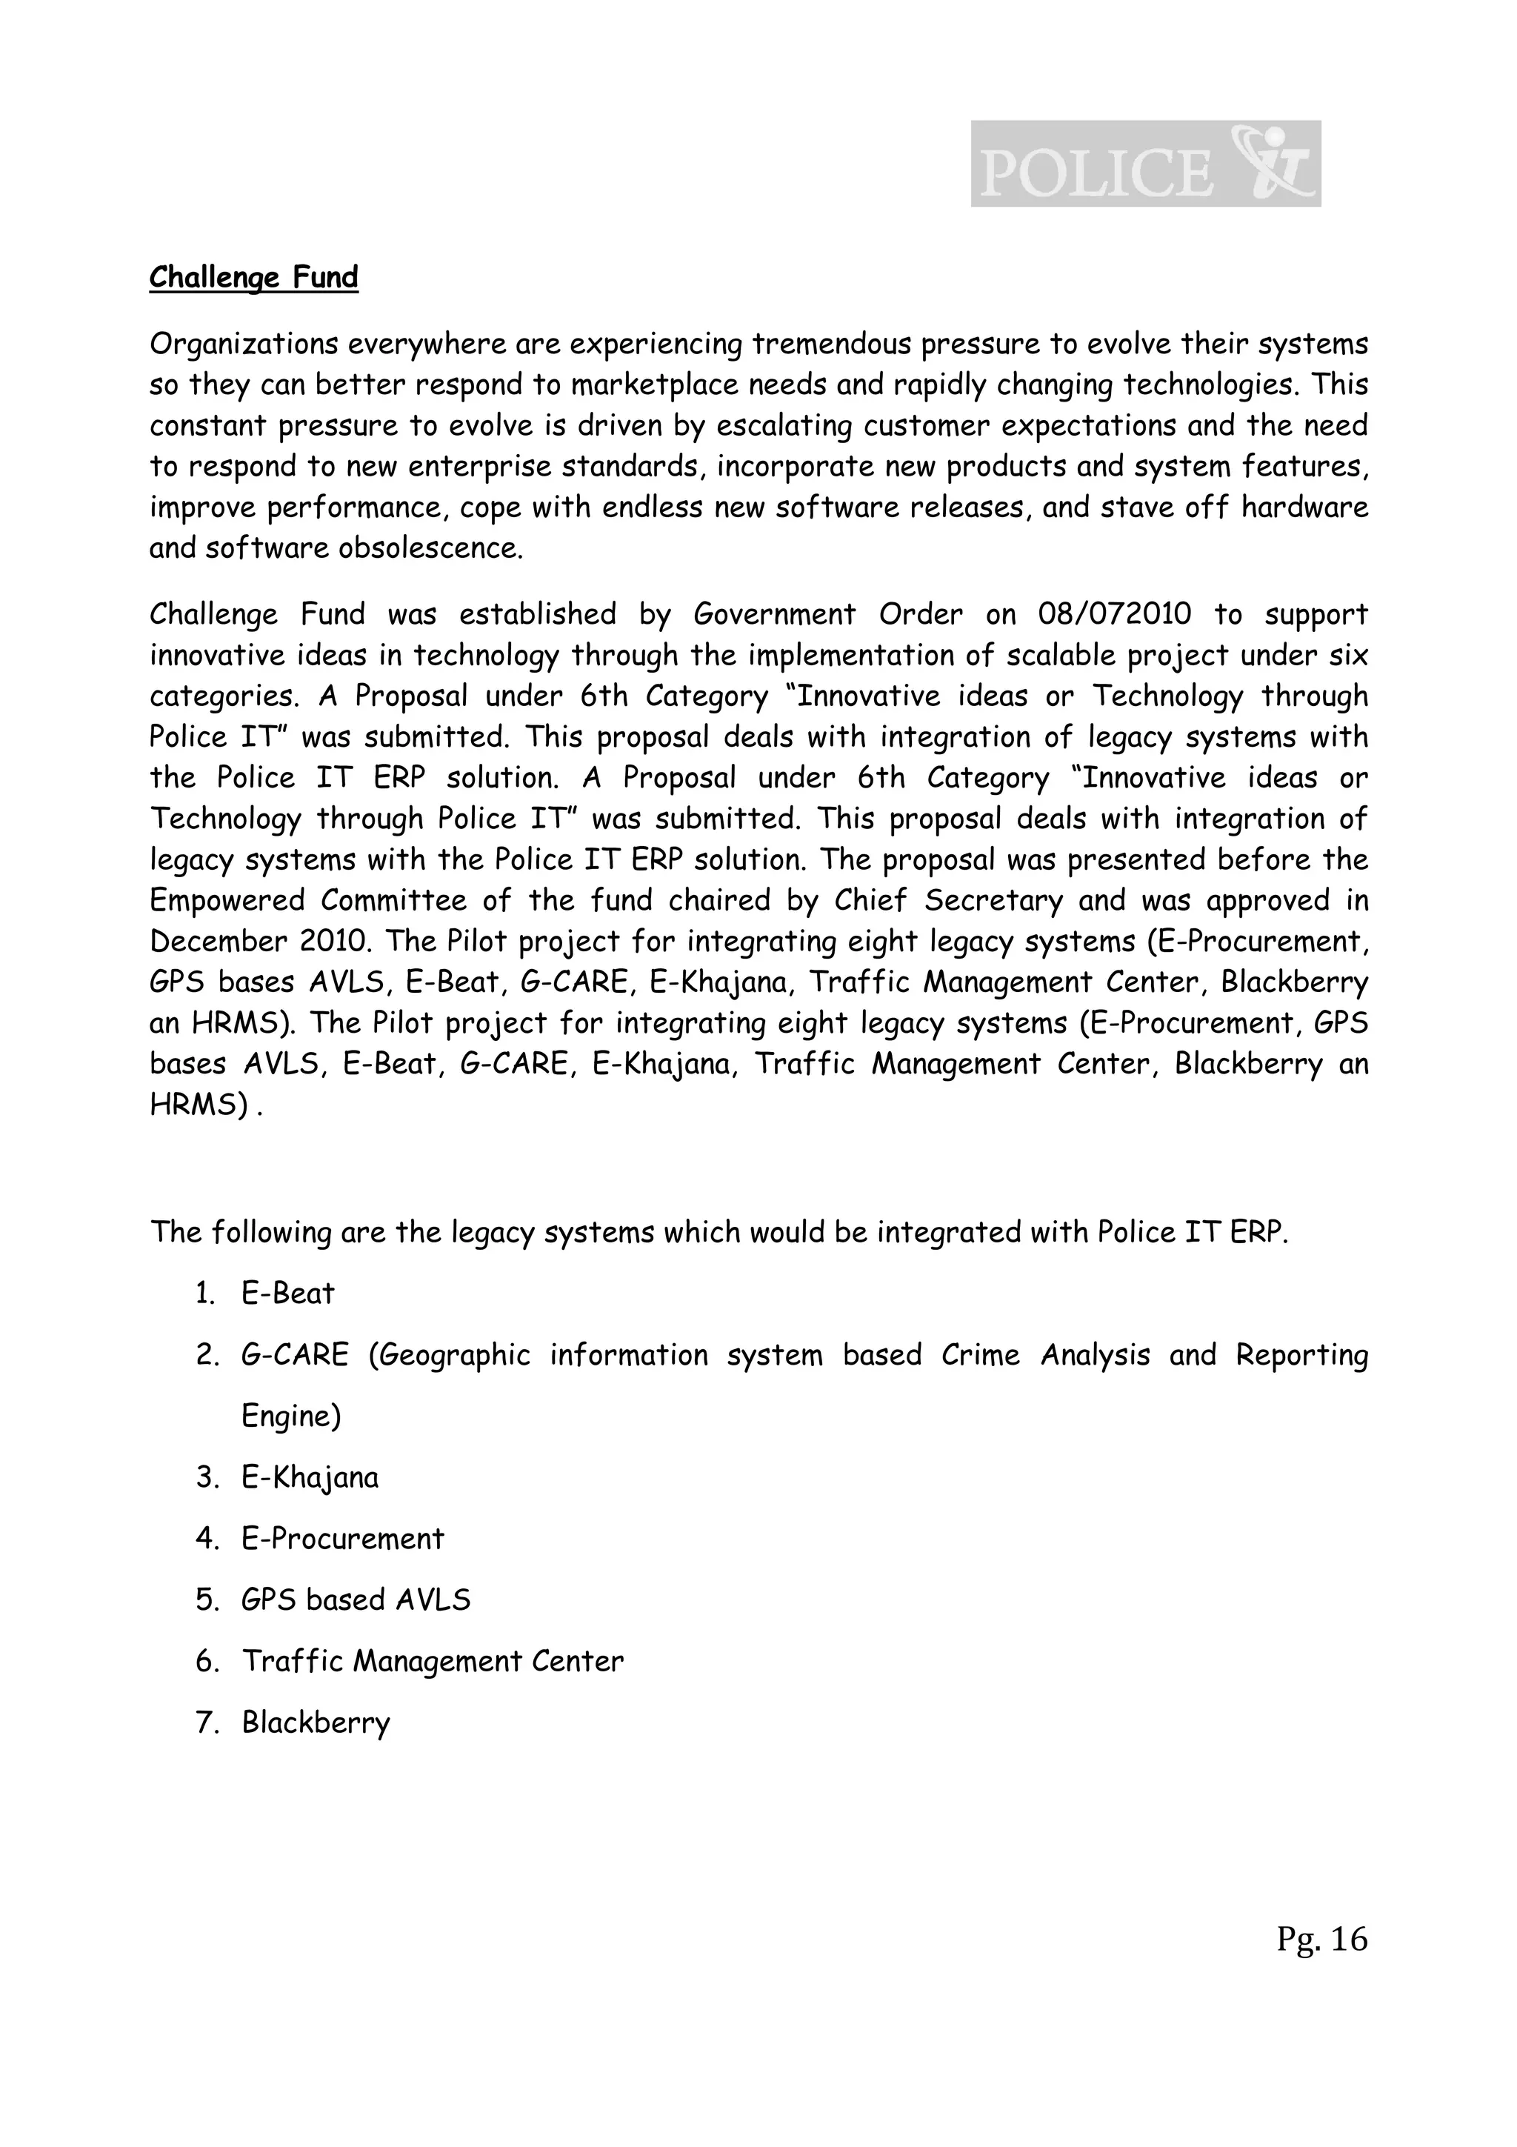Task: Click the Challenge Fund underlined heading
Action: [x=253, y=278]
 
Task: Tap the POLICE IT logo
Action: [x=1145, y=164]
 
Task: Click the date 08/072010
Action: [x=1114, y=614]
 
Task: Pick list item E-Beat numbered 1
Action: [x=287, y=1294]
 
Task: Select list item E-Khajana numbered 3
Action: [x=310, y=1477]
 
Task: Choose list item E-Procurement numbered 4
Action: [x=342, y=1538]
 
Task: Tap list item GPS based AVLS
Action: [x=356, y=1600]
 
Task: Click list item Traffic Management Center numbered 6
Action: [x=432, y=1661]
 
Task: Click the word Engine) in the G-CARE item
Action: [x=290, y=1416]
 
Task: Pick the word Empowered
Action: [x=226, y=900]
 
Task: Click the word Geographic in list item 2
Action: [x=449, y=1355]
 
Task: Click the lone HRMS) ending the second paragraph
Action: [x=199, y=1105]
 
